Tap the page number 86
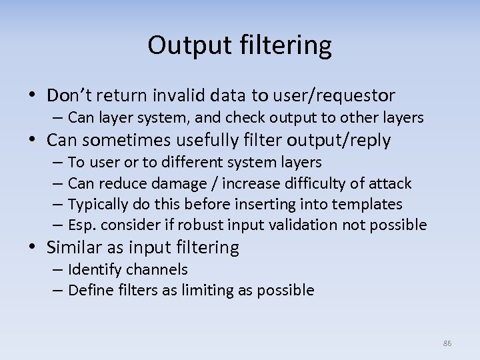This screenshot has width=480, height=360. click(447, 343)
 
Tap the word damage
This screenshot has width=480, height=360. click(177, 183)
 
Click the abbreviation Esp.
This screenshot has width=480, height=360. click(82, 225)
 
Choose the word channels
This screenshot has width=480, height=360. click(157, 269)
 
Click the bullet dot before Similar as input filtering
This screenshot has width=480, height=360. click(34, 247)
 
